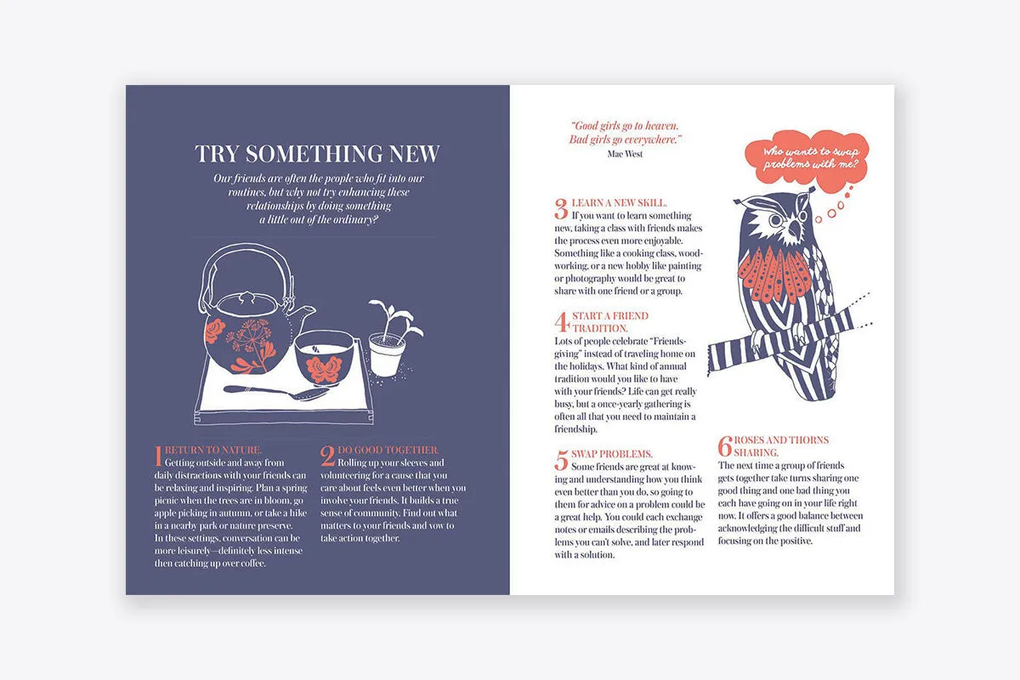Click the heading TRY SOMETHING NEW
pos(317,154)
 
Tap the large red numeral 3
pos(561,208)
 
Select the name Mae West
pos(625,154)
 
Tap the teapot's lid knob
pos(247,297)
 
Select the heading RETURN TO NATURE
pos(212,450)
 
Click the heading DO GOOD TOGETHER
pos(388,450)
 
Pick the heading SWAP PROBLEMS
pos(611,454)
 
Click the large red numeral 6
pos(725,446)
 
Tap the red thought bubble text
pos(811,157)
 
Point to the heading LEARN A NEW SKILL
pos(619,203)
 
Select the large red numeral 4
pos(562,322)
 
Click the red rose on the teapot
pos(215,331)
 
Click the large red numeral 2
pos(327,456)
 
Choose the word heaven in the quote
pos(661,126)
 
